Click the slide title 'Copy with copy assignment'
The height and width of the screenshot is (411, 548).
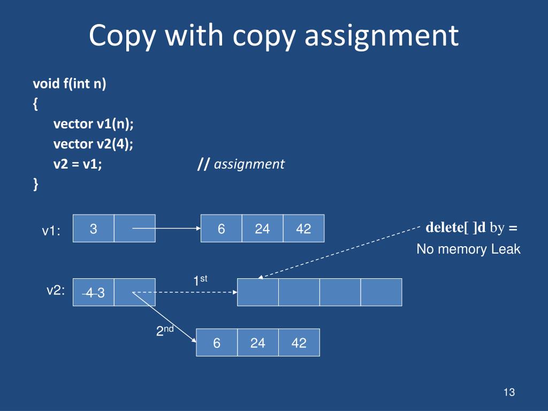[273, 36]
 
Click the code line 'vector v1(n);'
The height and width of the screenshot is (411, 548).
[94, 124]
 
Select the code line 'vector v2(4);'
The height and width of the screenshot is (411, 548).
[94, 144]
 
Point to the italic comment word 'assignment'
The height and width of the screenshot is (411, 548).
[249, 164]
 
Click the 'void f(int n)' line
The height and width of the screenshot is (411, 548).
[70, 84]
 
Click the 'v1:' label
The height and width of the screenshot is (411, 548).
[51, 231]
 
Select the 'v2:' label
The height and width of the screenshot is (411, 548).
[56, 290]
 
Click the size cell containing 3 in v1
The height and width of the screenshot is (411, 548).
[93, 229]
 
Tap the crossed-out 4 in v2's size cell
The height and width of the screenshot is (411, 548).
[89, 293]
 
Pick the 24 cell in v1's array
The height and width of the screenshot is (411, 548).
[262, 229]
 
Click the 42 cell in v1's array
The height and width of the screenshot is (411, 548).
[303, 229]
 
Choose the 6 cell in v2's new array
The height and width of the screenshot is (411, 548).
[217, 343]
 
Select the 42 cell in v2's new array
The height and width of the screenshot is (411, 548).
[299, 343]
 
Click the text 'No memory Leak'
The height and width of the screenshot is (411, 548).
[468, 249]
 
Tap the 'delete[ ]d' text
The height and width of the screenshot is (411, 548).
[455, 227]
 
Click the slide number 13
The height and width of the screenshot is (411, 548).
[508, 393]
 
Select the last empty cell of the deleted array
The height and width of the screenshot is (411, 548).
[381, 292]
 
